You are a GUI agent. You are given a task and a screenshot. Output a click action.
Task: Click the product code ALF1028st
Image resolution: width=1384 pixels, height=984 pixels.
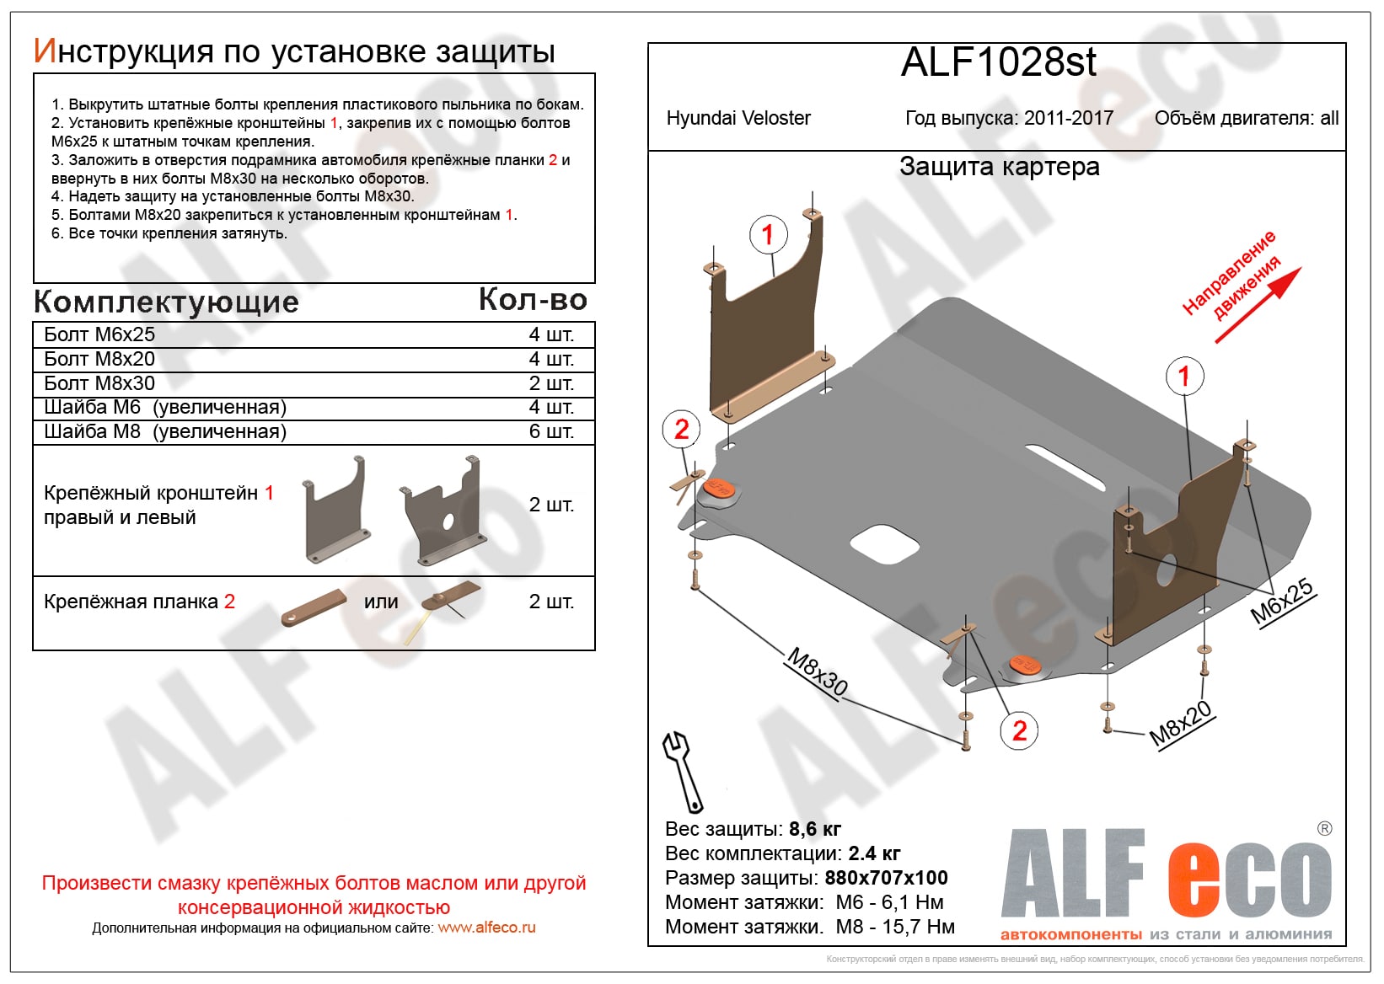(x=998, y=62)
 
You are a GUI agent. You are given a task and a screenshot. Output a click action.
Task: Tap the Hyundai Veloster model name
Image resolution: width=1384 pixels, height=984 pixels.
(x=738, y=118)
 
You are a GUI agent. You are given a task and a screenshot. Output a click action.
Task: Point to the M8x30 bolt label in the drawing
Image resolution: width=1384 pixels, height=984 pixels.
(x=817, y=672)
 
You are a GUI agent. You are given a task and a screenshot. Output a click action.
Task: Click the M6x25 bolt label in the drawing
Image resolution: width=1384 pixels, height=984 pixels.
(x=1281, y=602)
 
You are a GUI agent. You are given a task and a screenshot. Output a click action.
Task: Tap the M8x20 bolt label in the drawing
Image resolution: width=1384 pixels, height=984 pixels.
(x=1180, y=723)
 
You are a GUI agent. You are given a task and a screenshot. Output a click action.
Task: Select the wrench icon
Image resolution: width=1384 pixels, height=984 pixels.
(x=683, y=770)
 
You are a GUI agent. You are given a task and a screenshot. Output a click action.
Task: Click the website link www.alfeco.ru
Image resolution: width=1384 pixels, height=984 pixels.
(x=486, y=928)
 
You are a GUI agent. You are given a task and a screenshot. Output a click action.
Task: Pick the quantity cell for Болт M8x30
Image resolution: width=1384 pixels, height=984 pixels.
(x=551, y=383)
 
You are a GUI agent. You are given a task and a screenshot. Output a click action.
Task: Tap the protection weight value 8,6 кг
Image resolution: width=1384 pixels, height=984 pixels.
(x=814, y=829)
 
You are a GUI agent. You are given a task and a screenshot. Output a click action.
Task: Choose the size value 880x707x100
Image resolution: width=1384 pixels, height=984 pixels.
(x=886, y=878)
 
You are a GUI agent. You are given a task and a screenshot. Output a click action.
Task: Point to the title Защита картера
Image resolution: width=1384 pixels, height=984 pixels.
(x=999, y=167)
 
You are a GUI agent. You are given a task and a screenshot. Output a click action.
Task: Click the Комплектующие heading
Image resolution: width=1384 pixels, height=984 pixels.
(x=166, y=302)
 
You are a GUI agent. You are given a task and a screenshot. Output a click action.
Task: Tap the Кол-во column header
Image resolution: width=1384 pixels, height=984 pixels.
(x=533, y=299)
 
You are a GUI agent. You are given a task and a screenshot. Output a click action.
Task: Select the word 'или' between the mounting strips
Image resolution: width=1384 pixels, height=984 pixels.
(x=381, y=602)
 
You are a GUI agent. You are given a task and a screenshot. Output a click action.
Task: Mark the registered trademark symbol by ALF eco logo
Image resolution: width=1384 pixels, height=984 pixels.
(x=1324, y=828)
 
